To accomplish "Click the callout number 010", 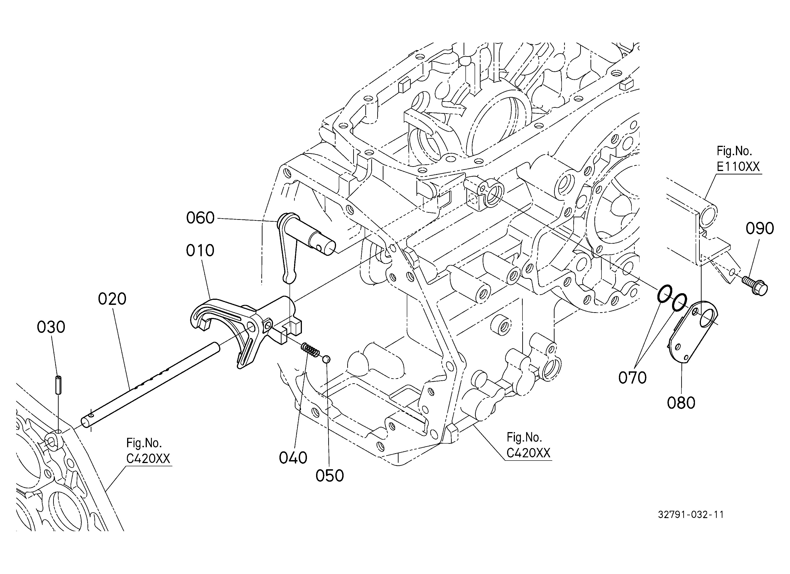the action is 200,251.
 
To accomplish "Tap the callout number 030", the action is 51,328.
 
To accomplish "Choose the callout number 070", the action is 633,378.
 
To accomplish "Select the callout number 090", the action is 760,229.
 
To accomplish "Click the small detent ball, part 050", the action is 326,359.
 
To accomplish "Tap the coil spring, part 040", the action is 310,350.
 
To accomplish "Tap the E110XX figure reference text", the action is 738,167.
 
